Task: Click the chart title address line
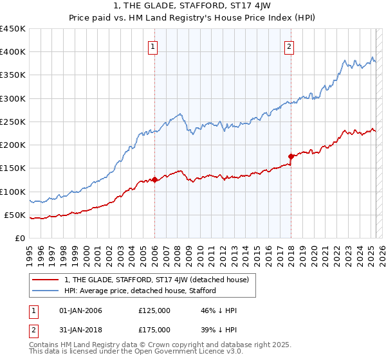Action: click(192, 7)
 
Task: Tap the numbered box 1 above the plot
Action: click(153, 46)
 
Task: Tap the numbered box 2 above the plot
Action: click(289, 46)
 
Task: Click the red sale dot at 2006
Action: click(154, 180)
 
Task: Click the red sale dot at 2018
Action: click(291, 156)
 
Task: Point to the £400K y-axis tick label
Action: click(12, 52)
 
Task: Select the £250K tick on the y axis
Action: click(12, 122)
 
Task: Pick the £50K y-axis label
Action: click(15, 215)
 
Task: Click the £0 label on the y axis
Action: click(20, 238)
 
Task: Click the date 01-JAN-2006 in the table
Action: click(80, 310)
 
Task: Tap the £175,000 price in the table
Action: click(154, 329)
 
